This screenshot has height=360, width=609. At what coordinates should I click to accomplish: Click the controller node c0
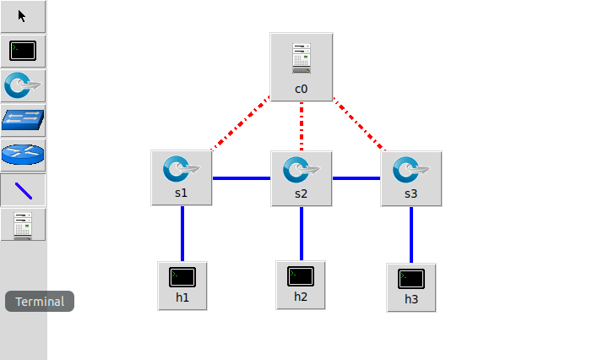point(302,66)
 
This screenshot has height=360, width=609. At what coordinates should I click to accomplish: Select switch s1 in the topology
point(182,177)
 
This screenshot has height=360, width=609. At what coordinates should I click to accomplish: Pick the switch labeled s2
point(302,177)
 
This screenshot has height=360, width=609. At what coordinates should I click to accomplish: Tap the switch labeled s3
point(411,177)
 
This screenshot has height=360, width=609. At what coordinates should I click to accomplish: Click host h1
point(182,285)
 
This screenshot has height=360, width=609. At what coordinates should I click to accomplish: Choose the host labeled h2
point(301,284)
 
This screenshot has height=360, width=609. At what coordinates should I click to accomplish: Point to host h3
point(411,286)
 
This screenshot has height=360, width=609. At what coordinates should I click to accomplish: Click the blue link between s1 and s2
point(242,178)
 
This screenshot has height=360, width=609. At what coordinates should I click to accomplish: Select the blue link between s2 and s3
point(356,178)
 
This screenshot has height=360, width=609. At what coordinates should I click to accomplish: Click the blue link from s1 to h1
point(182,232)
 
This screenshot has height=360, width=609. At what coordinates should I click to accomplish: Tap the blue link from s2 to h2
point(302,232)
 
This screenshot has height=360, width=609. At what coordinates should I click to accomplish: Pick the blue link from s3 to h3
point(411,234)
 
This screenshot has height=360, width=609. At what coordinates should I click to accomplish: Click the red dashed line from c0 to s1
point(241,124)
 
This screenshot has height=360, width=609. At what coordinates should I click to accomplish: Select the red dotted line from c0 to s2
point(302,125)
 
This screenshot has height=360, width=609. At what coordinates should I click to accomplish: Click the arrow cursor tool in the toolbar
point(23,16)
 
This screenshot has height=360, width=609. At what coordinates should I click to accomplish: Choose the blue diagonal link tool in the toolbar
point(23,190)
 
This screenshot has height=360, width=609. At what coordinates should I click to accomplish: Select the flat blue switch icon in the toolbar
point(23,120)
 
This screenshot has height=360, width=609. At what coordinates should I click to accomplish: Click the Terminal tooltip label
point(40,302)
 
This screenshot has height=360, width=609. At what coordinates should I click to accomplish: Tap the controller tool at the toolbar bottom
point(23,225)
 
